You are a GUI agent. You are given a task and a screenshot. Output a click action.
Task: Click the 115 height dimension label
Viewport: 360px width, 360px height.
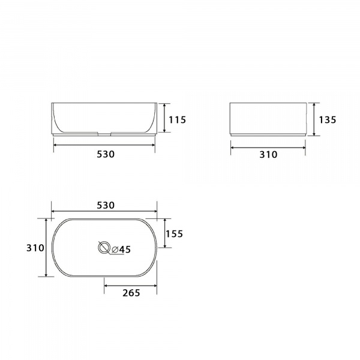177,120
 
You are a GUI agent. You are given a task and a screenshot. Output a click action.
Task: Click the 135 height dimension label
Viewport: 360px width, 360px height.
327,119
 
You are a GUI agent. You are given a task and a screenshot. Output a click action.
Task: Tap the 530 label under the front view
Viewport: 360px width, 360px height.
105,154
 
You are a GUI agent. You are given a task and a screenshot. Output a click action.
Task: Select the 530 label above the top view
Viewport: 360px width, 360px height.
105,205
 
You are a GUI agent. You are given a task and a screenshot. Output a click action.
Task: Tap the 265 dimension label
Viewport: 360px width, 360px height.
131,293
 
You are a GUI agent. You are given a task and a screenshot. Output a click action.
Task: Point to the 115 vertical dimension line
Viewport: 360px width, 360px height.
164,118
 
